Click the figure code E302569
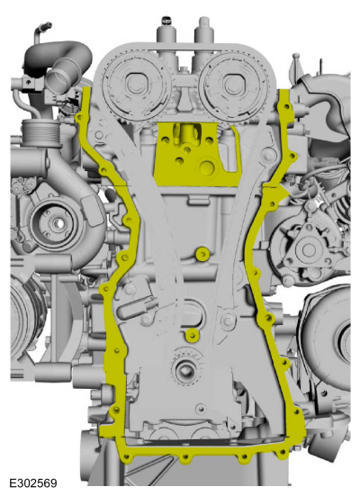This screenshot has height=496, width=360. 33,482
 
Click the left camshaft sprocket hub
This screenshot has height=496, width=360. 136,84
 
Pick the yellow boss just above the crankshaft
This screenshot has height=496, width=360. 192,335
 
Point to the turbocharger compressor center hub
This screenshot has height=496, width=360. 58,223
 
